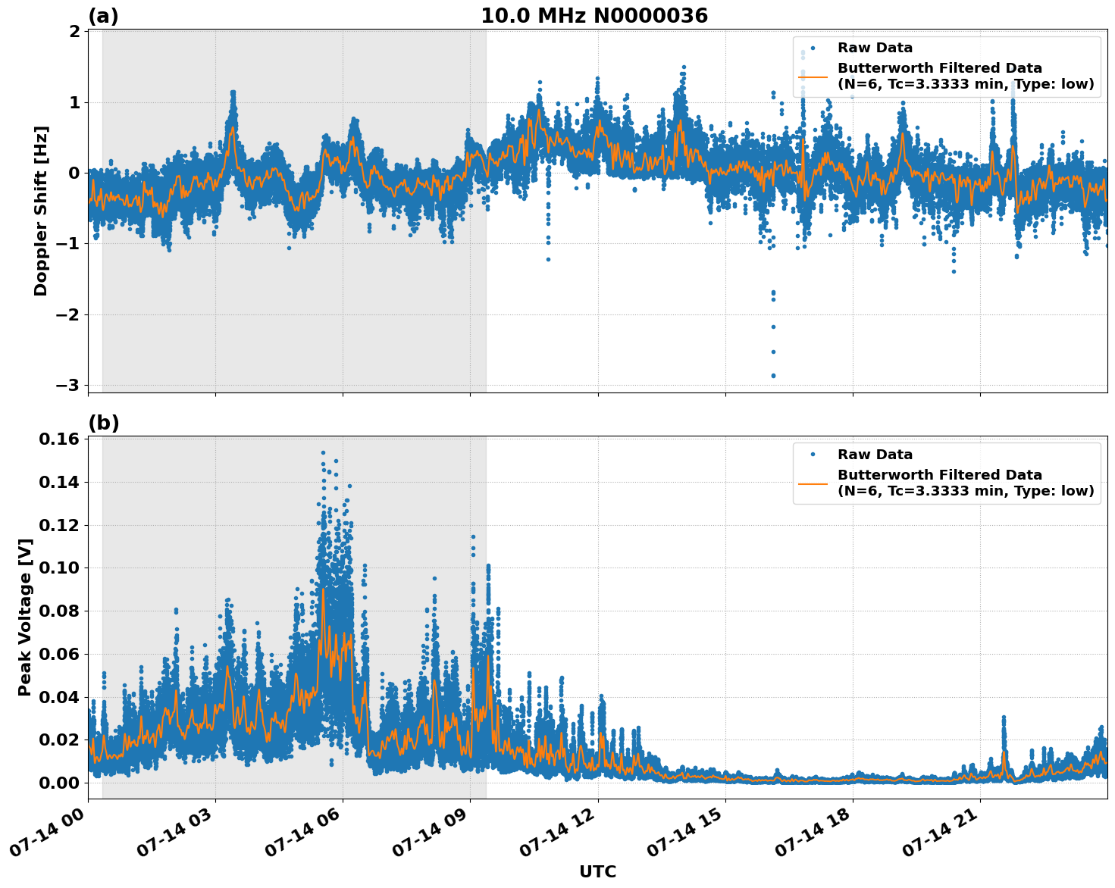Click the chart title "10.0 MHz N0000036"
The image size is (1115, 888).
(x=594, y=16)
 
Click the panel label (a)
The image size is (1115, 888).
(x=103, y=16)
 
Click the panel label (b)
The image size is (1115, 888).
(x=104, y=423)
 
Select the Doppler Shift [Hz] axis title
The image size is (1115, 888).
(x=41, y=211)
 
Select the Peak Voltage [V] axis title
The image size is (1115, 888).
(x=25, y=617)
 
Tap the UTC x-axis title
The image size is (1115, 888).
(x=597, y=871)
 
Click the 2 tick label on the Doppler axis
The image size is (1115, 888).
(x=74, y=31)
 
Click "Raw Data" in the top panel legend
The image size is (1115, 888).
(x=875, y=48)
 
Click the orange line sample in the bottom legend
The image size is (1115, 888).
(x=813, y=483)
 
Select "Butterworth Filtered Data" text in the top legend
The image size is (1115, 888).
(x=939, y=68)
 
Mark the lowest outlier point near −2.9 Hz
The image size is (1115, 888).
(x=773, y=375)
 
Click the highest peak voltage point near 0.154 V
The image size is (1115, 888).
(x=323, y=453)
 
